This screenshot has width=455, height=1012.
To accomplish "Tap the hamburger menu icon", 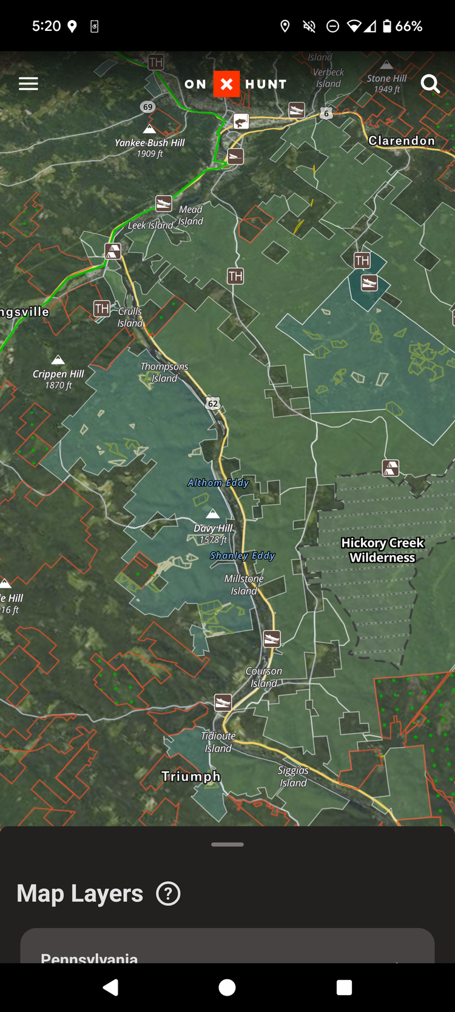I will click(x=29, y=84).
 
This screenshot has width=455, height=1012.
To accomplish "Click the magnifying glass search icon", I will click(x=430, y=84).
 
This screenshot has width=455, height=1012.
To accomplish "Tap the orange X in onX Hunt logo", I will click(x=226, y=84).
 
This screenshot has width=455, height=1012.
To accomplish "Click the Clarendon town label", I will click(x=402, y=141).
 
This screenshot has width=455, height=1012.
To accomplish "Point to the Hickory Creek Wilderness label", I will click(x=382, y=550).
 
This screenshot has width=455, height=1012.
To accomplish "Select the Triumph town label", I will click(x=190, y=776).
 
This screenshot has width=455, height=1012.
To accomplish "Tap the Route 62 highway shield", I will click(x=212, y=404).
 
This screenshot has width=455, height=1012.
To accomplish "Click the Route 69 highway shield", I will click(x=147, y=107).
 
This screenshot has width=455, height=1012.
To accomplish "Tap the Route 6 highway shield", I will click(x=326, y=113).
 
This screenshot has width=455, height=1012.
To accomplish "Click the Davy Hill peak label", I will click(x=213, y=528).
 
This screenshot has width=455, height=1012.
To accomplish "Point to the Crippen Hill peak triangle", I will click(x=58, y=359).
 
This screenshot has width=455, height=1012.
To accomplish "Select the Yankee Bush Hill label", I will click(x=150, y=143).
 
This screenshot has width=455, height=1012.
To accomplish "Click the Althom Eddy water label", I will click(x=218, y=483).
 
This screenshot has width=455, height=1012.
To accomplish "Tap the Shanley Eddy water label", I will click(x=243, y=556).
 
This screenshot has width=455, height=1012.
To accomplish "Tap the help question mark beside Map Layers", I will click(x=168, y=894).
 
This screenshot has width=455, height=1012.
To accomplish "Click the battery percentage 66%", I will click(x=408, y=26).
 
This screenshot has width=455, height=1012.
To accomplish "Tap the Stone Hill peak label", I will click(x=386, y=79).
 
